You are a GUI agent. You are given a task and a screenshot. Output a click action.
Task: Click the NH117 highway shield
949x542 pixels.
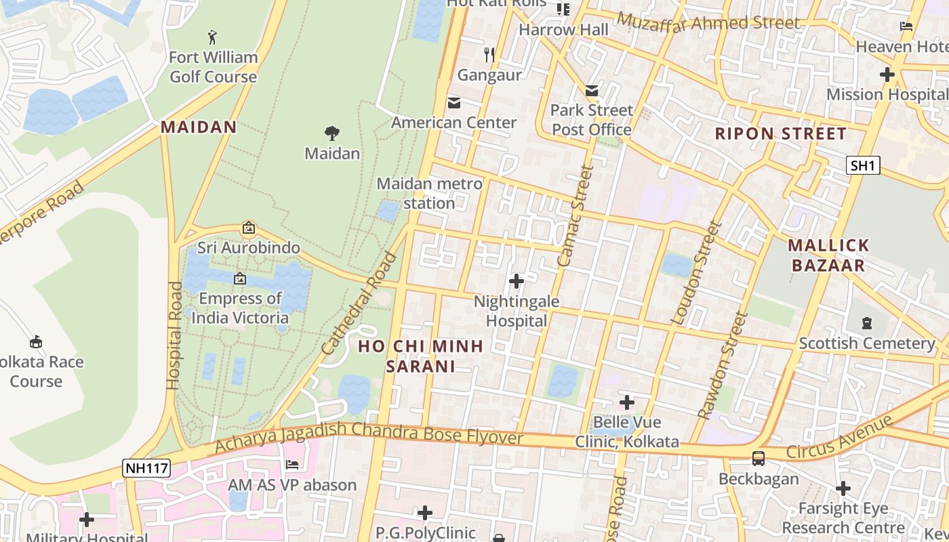click(x=146, y=467)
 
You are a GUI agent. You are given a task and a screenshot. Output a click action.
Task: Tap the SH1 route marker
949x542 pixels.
click(x=863, y=165)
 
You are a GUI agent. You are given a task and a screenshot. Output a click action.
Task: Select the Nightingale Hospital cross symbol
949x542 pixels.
click(x=517, y=280)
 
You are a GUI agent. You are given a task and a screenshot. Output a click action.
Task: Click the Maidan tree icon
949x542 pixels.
click(x=331, y=133)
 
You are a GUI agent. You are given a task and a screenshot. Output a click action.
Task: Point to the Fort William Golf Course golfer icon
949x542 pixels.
click(x=213, y=37)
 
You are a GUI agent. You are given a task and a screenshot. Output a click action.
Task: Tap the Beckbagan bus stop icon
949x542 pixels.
click(x=759, y=459)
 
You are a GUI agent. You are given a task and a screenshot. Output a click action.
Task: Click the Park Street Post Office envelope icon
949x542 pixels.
click(x=592, y=91)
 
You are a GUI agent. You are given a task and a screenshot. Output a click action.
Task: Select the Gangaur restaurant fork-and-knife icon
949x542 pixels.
click(x=489, y=54)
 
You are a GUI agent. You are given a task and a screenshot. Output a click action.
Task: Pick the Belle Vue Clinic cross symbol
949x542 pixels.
click(x=627, y=402)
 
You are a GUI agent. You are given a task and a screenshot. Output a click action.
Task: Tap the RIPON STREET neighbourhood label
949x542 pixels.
click(x=781, y=133)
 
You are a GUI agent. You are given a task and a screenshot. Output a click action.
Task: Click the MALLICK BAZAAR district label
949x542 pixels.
click(x=828, y=255)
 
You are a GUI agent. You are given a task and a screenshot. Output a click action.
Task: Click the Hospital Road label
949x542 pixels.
click(x=174, y=335)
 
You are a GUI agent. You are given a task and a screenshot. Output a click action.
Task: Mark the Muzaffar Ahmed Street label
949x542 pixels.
click(x=708, y=22)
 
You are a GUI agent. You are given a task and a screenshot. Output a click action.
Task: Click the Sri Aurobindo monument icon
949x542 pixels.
click(x=249, y=228)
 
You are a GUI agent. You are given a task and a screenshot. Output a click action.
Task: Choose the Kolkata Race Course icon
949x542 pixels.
click(x=36, y=342)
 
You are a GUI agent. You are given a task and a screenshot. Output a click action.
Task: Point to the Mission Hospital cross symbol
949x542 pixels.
click(x=887, y=75)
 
